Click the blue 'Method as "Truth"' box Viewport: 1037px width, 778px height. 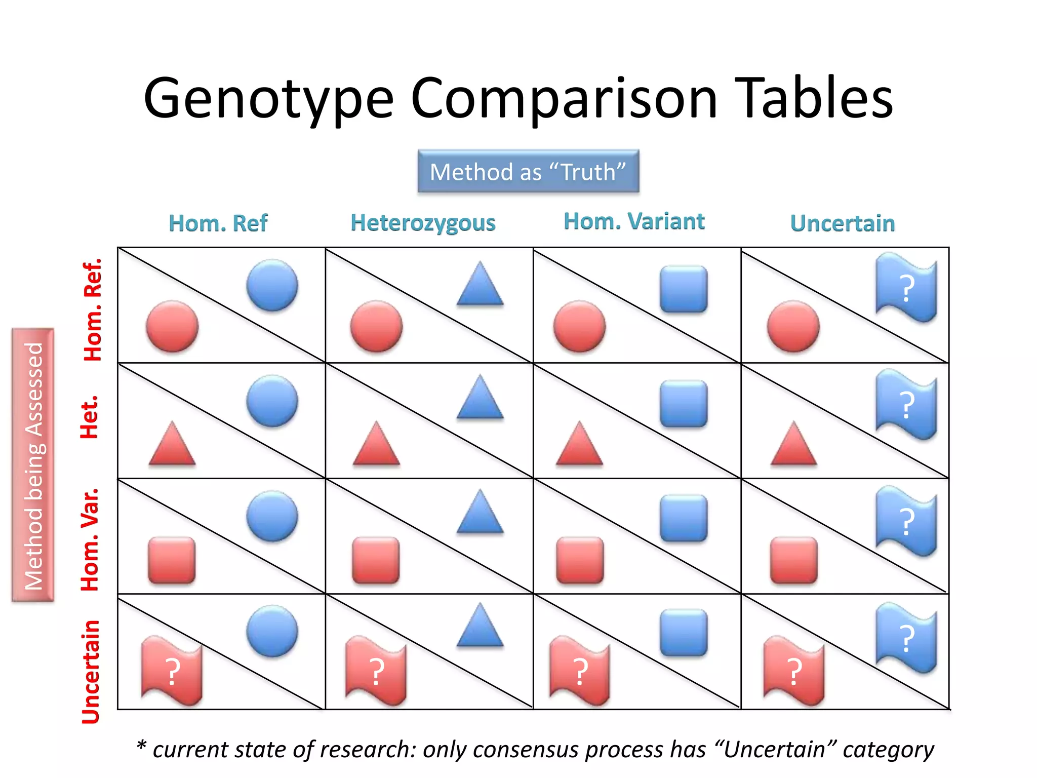click(x=528, y=172)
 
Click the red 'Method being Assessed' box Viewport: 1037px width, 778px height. click(x=33, y=465)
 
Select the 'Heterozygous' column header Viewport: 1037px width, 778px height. click(x=423, y=223)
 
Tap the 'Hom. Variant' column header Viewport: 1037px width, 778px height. click(x=634, y=221)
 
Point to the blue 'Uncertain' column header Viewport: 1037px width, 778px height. click(x=843, y=223)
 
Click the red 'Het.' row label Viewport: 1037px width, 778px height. click(x=90, y=417)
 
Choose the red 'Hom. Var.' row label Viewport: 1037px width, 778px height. click(x=90, y=540)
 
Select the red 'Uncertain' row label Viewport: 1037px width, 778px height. click(x=91, y=672)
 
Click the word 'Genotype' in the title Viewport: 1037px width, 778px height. click(x=268, y=99)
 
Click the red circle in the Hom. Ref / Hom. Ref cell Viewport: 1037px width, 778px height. click(x=172, y=326)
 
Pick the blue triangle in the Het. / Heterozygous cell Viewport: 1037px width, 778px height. click(x=480, y=398)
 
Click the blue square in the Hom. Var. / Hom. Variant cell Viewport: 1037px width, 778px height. click(x=684, y=518)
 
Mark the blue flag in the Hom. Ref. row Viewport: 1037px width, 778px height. click(x=906, y=288)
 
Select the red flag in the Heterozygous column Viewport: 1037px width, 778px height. click(x=376, y=671)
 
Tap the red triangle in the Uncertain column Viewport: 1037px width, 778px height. click(x=793, y=445)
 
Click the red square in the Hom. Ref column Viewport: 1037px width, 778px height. click(x=172, y=561)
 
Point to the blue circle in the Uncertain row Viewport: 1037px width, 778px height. click(x=272, y=631)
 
